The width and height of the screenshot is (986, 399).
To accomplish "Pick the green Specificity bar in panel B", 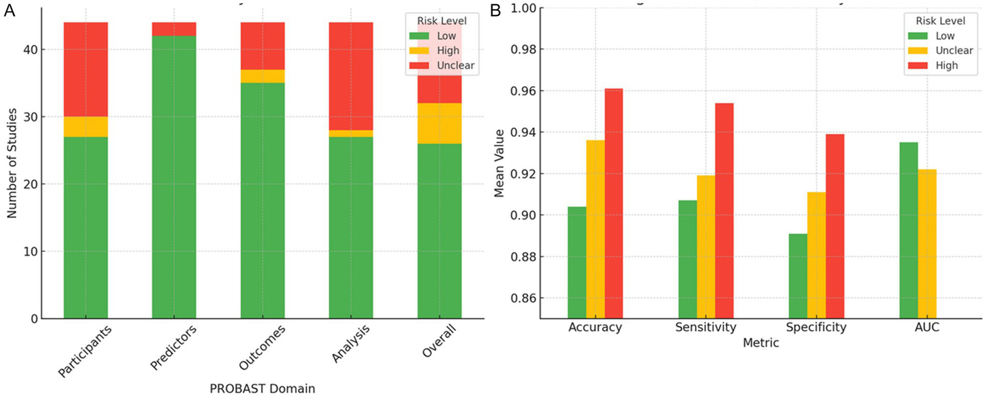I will click(x=798, y=276).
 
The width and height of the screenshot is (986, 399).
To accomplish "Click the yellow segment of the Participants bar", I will click(x=85, y=127).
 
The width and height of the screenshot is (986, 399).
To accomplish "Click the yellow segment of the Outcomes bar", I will click(x=263, y=76).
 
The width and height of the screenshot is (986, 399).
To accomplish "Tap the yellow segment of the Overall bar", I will click(x=439, y=123).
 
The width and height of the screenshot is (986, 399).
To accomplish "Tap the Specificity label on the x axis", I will click(x=816, y=328).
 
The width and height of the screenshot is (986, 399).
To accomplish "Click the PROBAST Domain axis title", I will click(x=262, y=389).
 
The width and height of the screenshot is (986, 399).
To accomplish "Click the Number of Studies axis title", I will click(x=12, y=163).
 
